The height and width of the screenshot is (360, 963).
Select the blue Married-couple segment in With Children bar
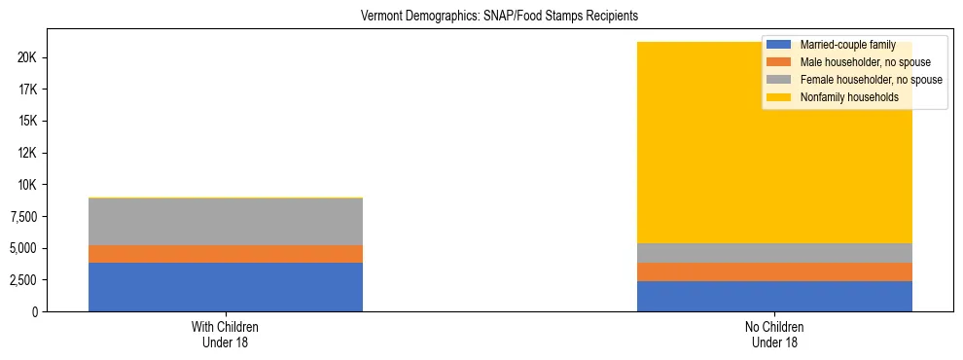(x=226, y=287)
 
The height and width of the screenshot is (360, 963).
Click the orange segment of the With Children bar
(x=226, y=254)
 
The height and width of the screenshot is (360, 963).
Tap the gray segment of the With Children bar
(x=226, y=222)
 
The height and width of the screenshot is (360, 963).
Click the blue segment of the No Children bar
(x=774, y=296)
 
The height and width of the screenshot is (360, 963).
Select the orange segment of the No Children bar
(x=774, y=271)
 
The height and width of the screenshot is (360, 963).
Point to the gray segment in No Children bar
(x=774, y=253)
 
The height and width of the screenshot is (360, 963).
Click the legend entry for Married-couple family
(x=847, y=45)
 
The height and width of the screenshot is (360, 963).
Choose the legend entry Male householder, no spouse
(x=865, y=62)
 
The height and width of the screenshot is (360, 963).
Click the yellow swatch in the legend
(x=779, y=97)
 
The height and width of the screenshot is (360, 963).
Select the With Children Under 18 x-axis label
(x=226, y=335)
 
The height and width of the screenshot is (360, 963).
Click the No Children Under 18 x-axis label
(x=774, y=335)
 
